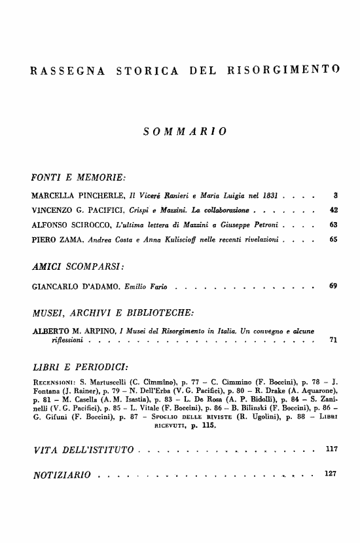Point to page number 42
click(333, 210)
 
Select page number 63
click(333, 224)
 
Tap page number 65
click(333, 239)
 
